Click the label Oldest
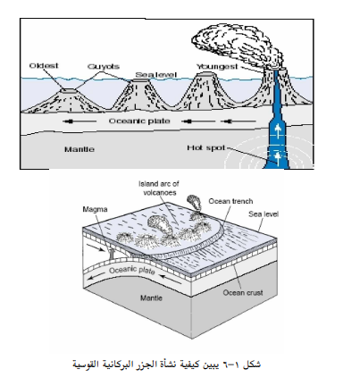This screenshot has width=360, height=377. (x=44, y=65)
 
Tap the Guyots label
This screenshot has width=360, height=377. (x=104, y=66)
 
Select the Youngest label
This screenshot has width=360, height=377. (x=217, y=67)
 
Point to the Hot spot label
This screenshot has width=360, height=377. (x=205, y=147)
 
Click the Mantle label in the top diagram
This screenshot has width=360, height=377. (x=80, y=149)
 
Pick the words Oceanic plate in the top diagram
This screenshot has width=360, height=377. (x=139, y=121)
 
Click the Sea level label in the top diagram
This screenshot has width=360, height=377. (x=156, y=75)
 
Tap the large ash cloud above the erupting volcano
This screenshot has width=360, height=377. (x=236, y=46)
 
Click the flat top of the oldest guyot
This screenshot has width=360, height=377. (x=69, y=90)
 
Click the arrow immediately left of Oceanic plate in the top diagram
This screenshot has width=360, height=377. (x=80, y=121)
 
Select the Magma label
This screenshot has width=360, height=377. (x=95, y=209)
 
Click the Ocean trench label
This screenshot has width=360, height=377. (x=230, y=201)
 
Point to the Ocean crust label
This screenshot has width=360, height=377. (x=243, y=293)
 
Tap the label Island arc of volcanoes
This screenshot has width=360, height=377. (x=159, y=188)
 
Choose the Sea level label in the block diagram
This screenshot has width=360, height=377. (x=264, y=214)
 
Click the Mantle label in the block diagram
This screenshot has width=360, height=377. (x=151, y=297)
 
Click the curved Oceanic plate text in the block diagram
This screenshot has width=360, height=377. (x=131, y=271)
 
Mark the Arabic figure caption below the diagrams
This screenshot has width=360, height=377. (x=167, y=364)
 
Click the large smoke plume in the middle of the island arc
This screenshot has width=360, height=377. (x=159, y=226)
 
